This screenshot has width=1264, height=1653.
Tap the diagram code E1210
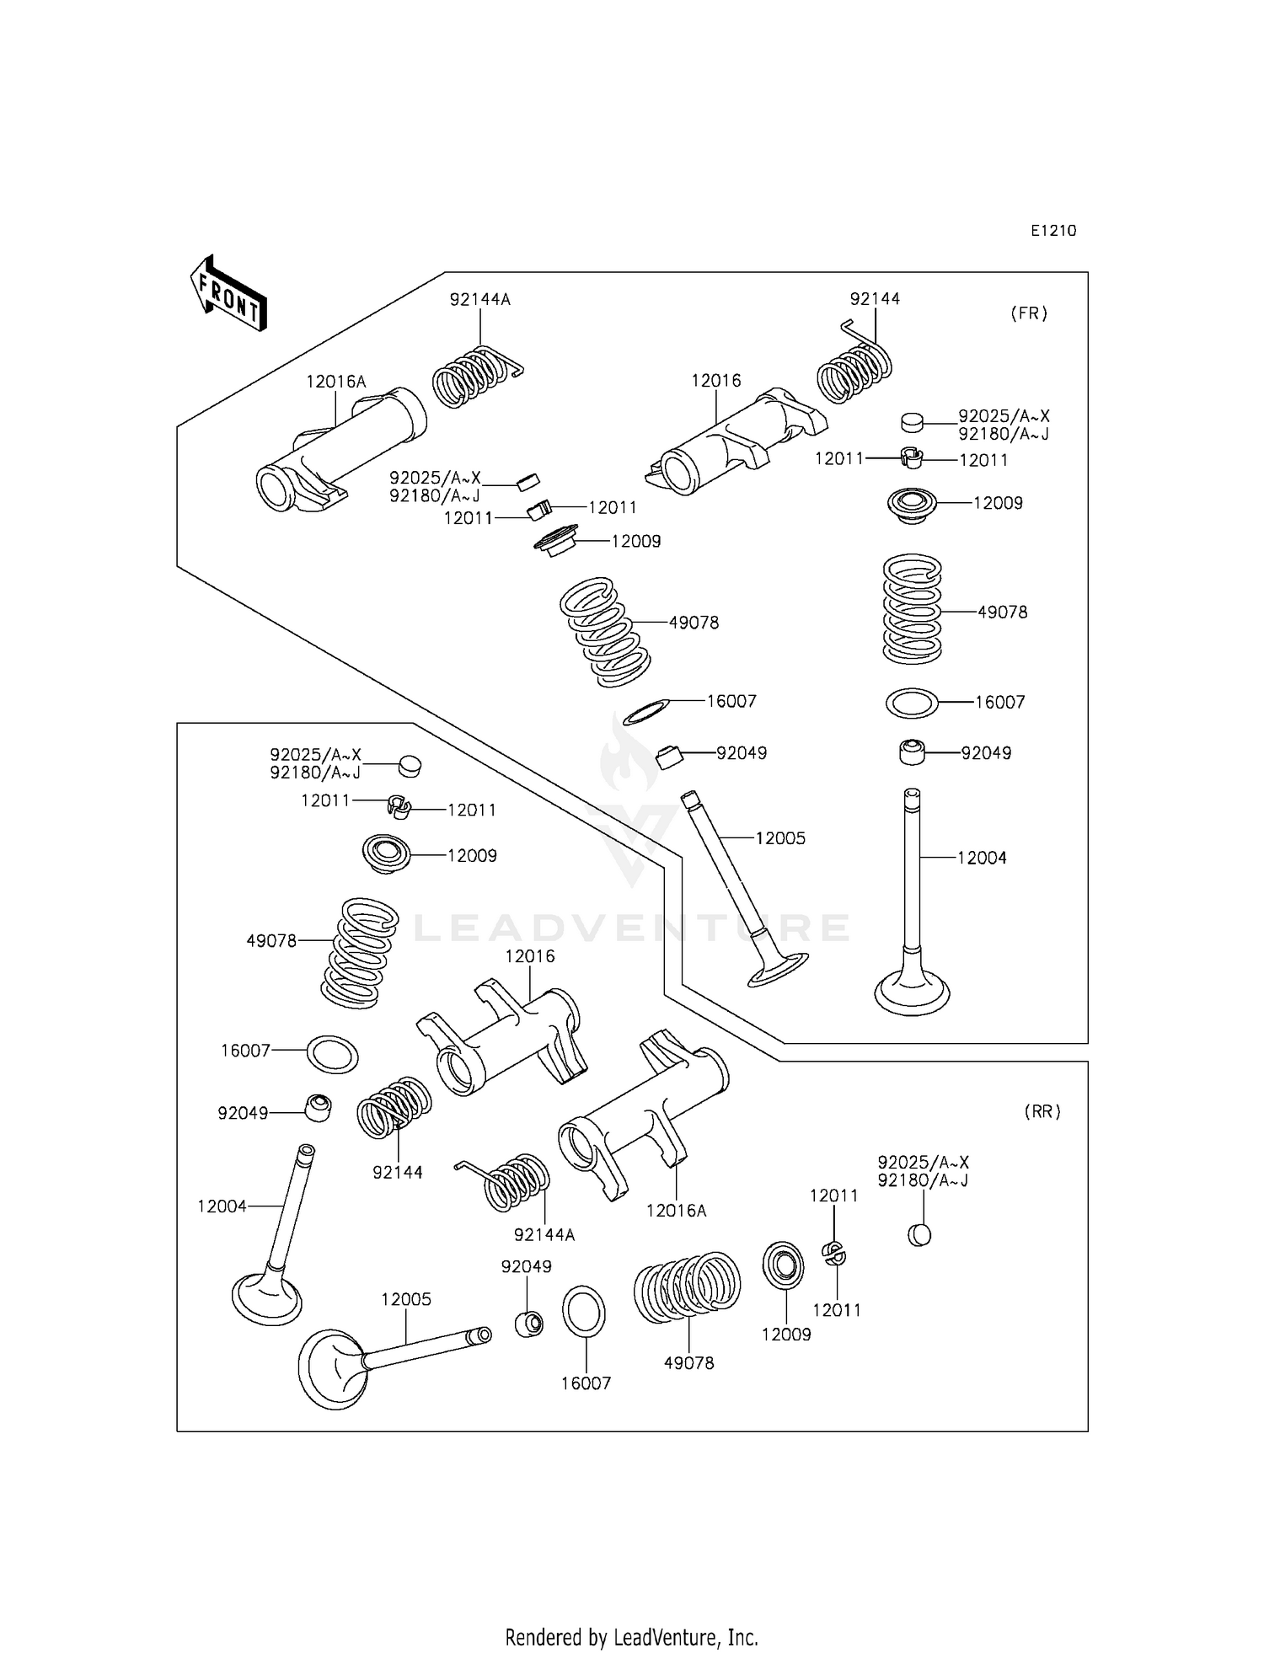[x=1052, y=231]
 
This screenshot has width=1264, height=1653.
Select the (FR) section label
[x=1029, y=313]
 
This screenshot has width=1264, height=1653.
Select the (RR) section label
[x=1042, y=1112]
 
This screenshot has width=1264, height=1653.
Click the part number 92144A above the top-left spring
[x=479, y=300]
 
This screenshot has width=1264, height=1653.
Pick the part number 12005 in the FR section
[x=780, y=838]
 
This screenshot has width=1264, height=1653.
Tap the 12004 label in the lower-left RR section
[x=222, y=1206]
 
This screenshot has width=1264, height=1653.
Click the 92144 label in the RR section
[x=398, y=1172]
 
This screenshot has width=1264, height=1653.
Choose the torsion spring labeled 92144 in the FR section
[x=854, y=366]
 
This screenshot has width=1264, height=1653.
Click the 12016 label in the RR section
[x=530, y=956]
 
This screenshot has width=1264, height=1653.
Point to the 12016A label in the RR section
[x=676, y=1211]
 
